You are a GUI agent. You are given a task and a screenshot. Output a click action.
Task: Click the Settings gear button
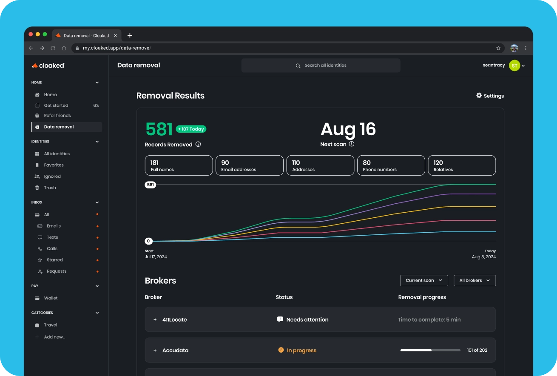[490, 96]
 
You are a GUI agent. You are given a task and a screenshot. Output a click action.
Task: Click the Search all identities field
[321, 66]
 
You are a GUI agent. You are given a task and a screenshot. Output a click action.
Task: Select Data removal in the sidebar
[59, 127]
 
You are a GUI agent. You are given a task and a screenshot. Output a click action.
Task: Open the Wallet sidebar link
[51, 298]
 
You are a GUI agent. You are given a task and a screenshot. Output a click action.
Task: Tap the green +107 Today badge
[191, 129]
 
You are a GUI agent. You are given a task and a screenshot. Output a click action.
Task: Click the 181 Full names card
[179, 165]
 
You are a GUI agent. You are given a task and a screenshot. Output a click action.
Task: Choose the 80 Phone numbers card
[391, 165]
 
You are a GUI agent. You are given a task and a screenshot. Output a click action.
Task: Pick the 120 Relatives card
[461, 165]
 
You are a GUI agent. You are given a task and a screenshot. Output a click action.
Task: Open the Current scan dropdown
[423, 280]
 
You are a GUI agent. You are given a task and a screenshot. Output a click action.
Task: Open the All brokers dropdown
[475, 280]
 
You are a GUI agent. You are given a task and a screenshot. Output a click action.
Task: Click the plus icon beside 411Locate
[155, 319]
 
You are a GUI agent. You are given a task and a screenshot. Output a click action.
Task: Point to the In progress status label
[301, 350]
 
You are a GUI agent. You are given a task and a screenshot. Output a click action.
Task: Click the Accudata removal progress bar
[430, 350]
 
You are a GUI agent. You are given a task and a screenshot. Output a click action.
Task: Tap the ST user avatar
[514, 66]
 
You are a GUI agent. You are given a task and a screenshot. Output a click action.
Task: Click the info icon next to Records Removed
[198, 144]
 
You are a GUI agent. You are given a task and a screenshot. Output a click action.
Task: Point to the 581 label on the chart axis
[150, 185]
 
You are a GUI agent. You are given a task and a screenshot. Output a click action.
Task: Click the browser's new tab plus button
[130, 35]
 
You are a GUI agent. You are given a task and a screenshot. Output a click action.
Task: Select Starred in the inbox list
[55, 260]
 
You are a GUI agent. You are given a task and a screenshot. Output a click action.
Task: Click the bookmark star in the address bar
[498, 48]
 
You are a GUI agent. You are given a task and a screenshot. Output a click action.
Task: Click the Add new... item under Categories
[54, 337]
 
